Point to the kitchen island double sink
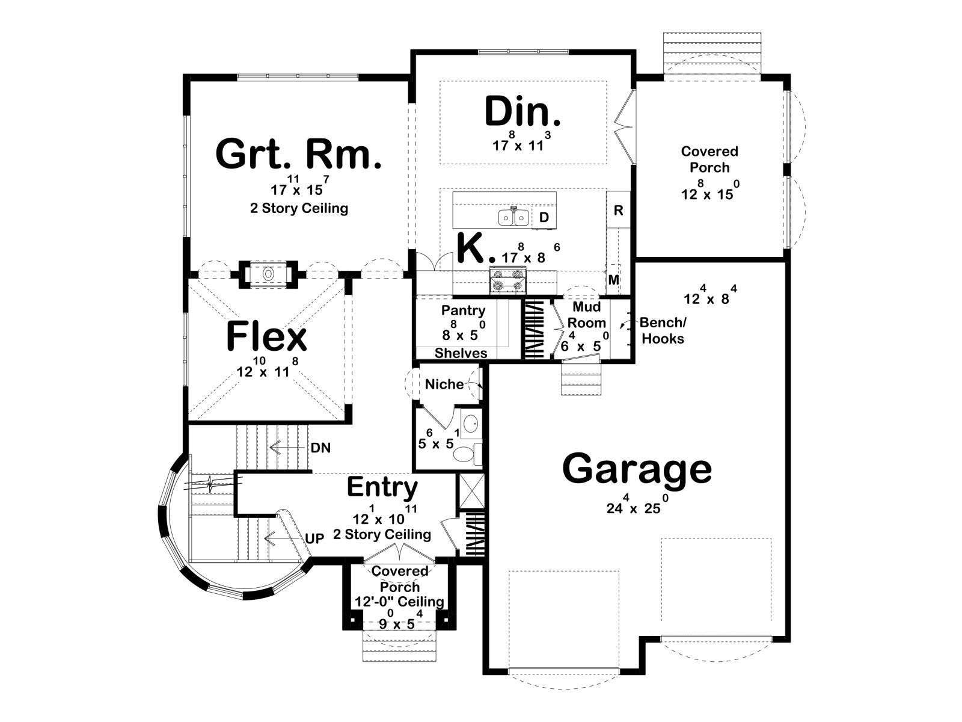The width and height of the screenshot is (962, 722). pos(513,217)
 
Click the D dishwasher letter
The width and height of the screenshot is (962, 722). pos(544,217)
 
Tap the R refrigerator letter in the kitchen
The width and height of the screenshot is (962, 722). pos(618,211)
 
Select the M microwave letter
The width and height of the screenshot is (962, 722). pos(614,279)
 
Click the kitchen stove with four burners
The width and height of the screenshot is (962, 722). pos(508,281)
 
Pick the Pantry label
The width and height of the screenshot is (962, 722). pos(463,310)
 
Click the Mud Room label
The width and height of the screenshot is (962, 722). pos(586,315)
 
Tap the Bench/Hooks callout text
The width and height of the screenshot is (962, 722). pos(663,330)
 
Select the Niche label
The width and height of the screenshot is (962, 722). pos(444,384)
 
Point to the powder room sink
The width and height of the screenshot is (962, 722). pos(471,424)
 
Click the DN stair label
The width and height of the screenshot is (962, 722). pos(320,448)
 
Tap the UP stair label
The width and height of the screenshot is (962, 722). pos(314,538)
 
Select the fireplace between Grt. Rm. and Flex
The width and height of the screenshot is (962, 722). pos(268,274)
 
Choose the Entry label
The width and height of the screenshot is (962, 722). pos(382,487)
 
